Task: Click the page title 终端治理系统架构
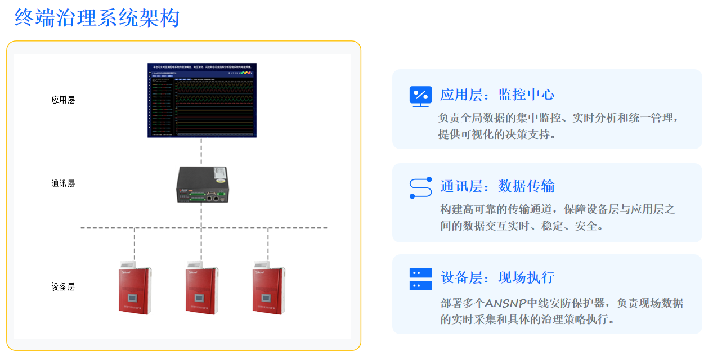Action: pyautogui.click(x=97, y=18)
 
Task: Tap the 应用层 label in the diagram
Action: pyautogui.click(x=63, y=100)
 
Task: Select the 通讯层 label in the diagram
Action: pyautogui.click(x=63, y=183)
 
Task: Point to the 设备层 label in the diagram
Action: pyautogui.click(x=63, y=287)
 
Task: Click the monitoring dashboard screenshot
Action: pyautogui.click(x=201, y=100)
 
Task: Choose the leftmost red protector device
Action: pyautogui.click(x=134, y=288)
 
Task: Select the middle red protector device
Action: pyautogui.click(x=201, y=288)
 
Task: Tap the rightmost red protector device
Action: pyautogui.click(x=268, y=288)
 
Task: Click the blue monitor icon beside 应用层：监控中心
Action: pyautogui.click(x=420, y=96)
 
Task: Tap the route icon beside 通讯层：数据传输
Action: pyautogui.click(x=420, y=187)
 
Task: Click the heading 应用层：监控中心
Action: pyautogui.click(x=497, y=94)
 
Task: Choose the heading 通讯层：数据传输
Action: pyautogui.click(x=497, y=186)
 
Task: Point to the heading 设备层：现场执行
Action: pyautogui.click(x=497, y=277)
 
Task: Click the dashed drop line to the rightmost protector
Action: pyautogui.click(x=268, y=245)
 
